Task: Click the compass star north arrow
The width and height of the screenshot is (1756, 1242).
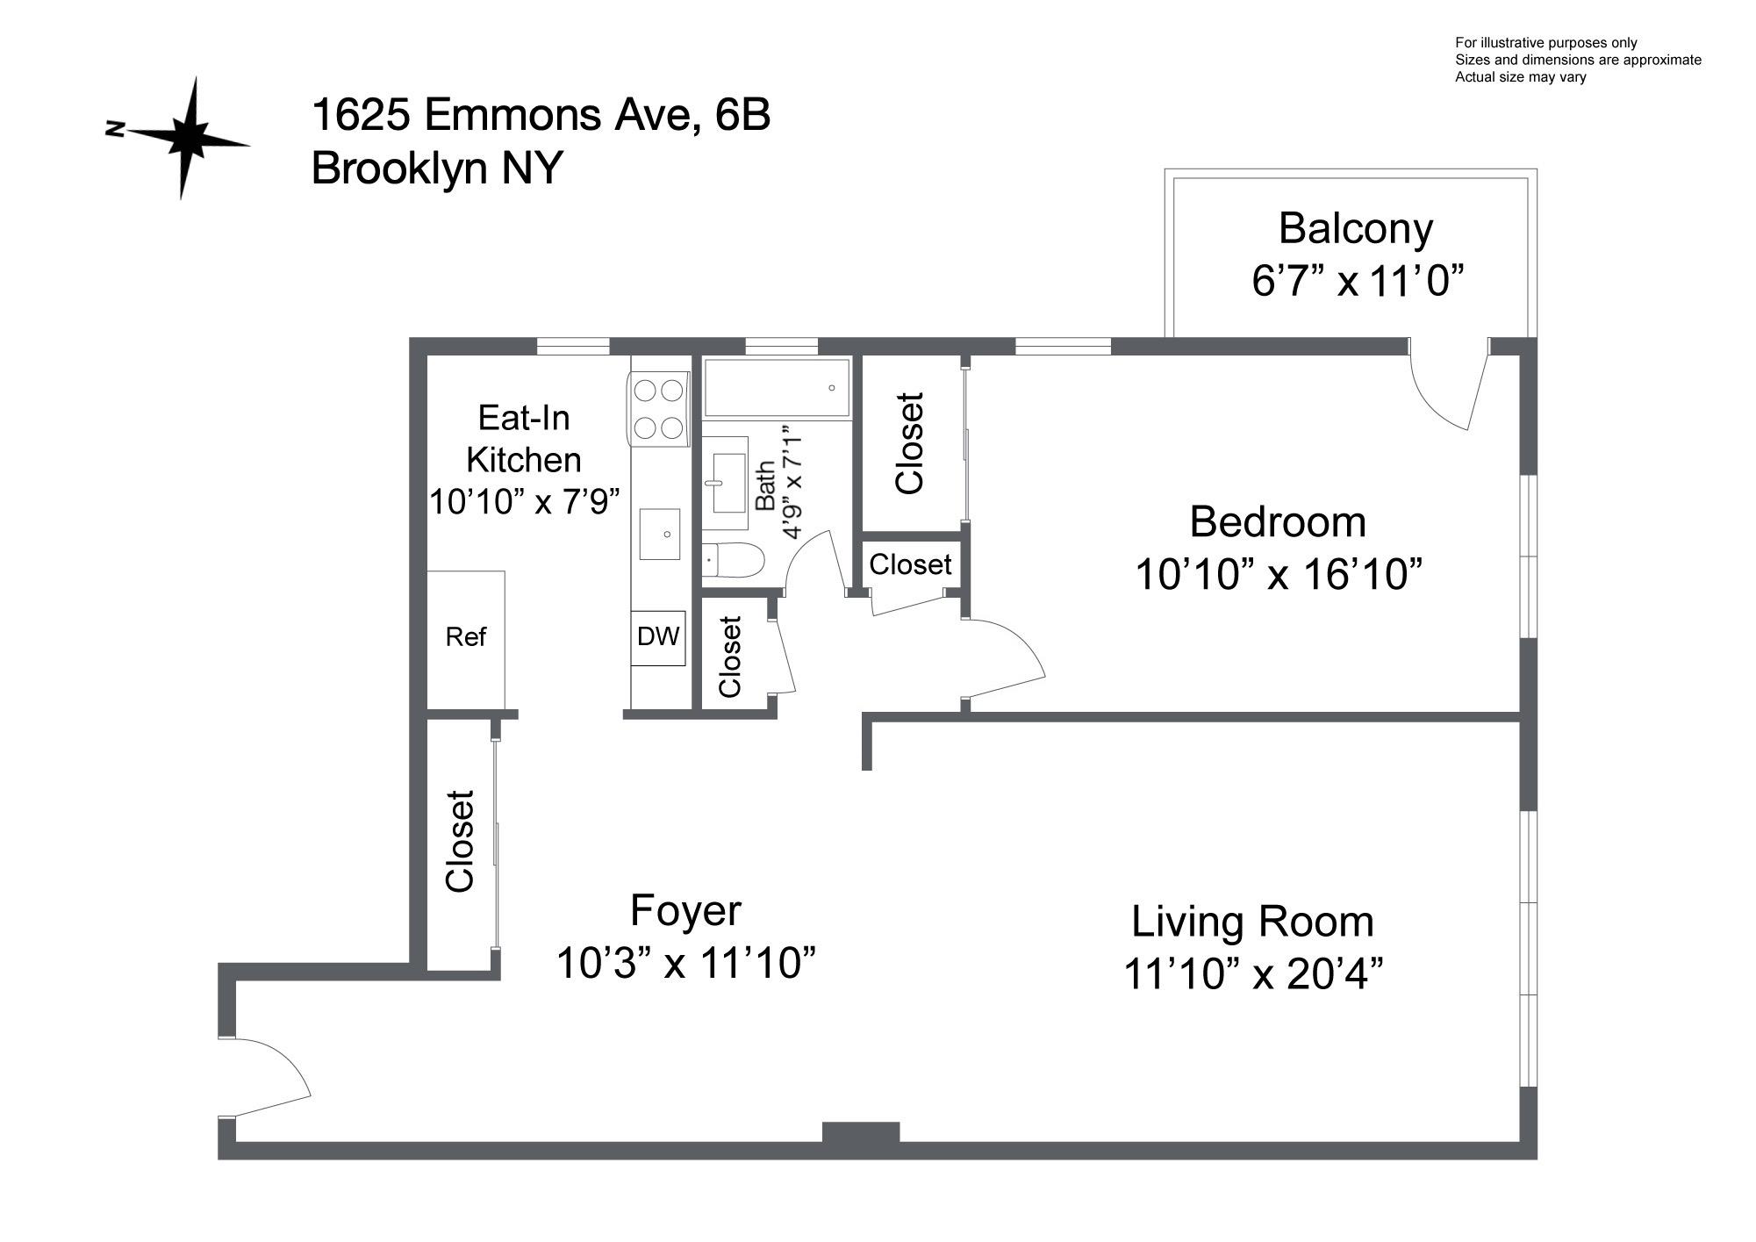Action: point(185,138)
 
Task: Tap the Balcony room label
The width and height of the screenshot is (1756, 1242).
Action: point(1355,229)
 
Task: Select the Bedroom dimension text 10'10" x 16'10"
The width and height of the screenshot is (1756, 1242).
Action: point(1278,575)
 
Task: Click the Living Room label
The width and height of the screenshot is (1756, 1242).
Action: point(1252,922)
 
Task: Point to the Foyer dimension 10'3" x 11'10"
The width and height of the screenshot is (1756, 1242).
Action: point(686,963)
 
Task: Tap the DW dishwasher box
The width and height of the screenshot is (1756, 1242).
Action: point(657,637)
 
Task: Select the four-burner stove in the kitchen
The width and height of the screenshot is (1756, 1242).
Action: point(659,408)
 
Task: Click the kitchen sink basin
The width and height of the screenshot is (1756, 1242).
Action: point(660,534)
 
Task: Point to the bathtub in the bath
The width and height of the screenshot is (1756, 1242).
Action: point(776,387)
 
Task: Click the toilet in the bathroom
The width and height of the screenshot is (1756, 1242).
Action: point(734,560)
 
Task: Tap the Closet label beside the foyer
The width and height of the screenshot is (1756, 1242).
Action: point(460,842)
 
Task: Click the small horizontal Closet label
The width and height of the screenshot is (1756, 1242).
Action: point(910,564)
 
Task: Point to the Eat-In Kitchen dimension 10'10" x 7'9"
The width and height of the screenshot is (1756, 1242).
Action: point(524,502)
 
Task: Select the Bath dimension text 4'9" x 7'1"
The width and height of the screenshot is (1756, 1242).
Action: point(792,483)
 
